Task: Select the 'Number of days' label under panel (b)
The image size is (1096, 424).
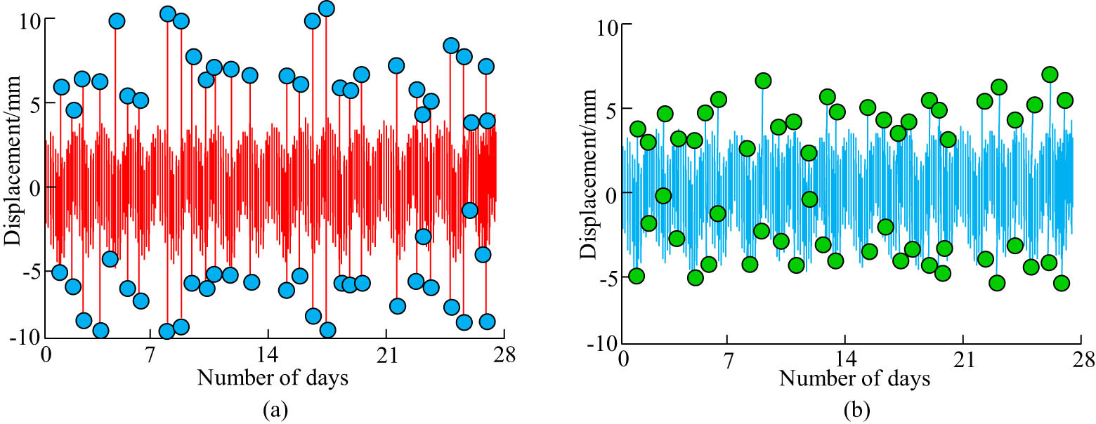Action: (854, 379)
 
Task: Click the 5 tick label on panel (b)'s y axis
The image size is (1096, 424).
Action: (606, 109)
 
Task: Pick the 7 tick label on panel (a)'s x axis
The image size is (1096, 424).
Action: (150, 355)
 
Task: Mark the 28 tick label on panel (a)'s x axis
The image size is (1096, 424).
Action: (504, 355)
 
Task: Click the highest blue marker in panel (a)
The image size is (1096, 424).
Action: (326, 8)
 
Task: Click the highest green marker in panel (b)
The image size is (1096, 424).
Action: (1050, 74)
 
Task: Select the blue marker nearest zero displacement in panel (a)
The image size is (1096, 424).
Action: (470, 210)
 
